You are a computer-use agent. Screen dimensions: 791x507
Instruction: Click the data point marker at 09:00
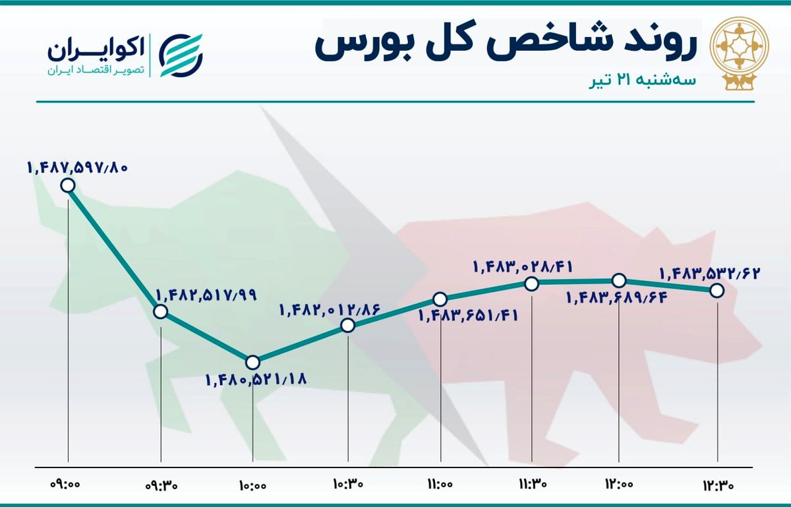pyautogui.click(x=68, y=185)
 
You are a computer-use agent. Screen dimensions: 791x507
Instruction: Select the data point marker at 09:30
pyautogui.click(x=161, y=312)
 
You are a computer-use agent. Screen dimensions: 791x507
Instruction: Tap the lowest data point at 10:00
pyautogui.click(x=252, y=363)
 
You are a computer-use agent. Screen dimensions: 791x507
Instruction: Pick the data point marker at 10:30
pyautogui.click(x=348, y=326)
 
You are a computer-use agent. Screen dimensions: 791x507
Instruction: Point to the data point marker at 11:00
pyautogui.click(x=440, y=299)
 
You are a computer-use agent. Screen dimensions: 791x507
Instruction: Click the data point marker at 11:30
pyautogui.click(x=532, y=283)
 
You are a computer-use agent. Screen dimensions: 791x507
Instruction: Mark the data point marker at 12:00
pyautogui.click(x=619, y=280)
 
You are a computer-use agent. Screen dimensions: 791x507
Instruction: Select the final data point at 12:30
pyautogui.click(x=717, y=291)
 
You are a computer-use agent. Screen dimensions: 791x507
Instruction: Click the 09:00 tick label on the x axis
pyautogui.click(x=66, y=484)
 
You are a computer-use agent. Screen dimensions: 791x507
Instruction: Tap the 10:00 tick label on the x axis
pyautogui.click(x=253, y=485)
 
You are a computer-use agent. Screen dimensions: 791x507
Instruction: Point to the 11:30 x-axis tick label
pyautogui.click(x=533, y=483)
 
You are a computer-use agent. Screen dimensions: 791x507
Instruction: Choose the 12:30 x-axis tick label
pyautogui.click(x=718, y=485)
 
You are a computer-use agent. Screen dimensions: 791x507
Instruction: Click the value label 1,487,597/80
pyautogui.click(x=77, y=167)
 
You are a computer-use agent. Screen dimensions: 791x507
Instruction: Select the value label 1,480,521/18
pyautogui.click(x=256, y=380)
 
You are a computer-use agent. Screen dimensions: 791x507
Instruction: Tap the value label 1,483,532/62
pyautogui.click(x=710, y=274)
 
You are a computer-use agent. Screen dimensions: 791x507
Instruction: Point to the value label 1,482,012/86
pyautogui.click(x=330, y=310)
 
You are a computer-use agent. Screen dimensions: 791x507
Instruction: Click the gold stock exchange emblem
pyautogui.click(x=740, y=55)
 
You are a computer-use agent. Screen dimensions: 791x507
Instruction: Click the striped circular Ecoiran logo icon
pyautogui.click(x=181, y=55)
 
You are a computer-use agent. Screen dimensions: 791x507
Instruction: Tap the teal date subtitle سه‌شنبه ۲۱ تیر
pyautogui.click(x=642, y=80)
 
